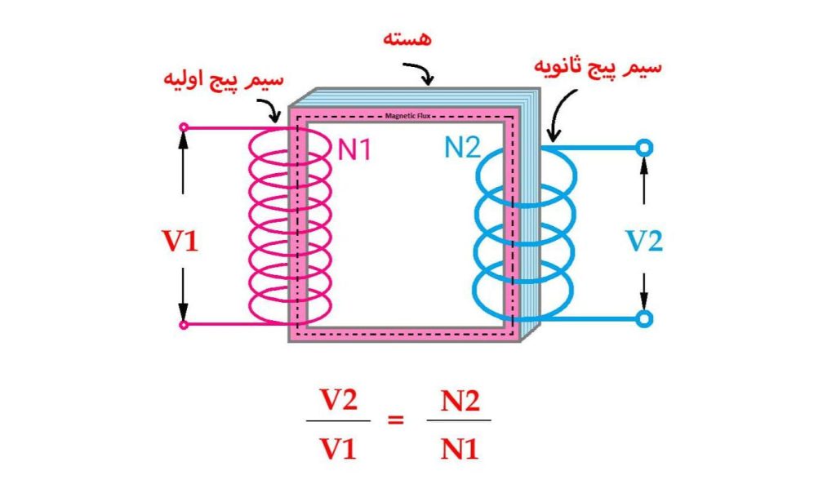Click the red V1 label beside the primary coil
tap(181, 242)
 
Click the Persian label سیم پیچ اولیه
tap(223, 81)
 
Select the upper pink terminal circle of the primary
tap(184, 127)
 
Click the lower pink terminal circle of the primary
tap(184, 325)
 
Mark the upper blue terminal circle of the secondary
tap(644, 148)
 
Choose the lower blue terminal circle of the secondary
tap(644, 318)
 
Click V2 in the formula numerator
tap(338, 401)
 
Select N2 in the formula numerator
tap(459, 401)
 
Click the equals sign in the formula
tap(395, 421)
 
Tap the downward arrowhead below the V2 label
tap(644, 304)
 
